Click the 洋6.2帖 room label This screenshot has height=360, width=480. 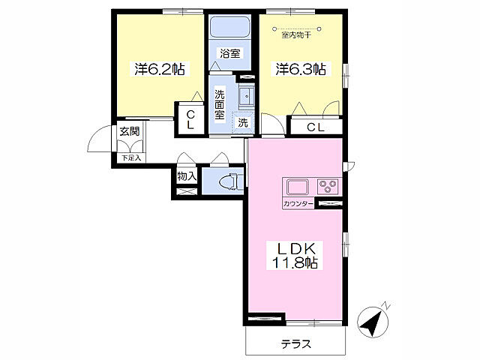pyautogui.click(x=160, y=69)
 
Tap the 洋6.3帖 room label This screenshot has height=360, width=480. pyautogui.click(x=301, y=69)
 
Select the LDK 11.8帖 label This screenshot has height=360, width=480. pyautogui.click(x=295, y=256)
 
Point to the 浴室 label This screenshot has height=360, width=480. pyautogui.click(x=230, y=53)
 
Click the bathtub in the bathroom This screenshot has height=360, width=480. pyautogui.click(x=230, y=26)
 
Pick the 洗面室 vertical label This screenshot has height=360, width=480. pyautogui.click(x=220, y=105)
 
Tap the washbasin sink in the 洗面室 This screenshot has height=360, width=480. pyautogui.click(x=247, y=96)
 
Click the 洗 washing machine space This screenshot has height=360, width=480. pyautogui.click(x=243, y=123)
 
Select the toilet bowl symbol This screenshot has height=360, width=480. pyautogui.click(x=228, y=181)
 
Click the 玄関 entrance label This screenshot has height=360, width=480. pyautogui.click(x=130, y=131)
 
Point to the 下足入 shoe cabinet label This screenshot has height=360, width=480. pyautogui.click(x=131, y=158)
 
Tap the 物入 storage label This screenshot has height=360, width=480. pyautogui.click(x=187, y=176)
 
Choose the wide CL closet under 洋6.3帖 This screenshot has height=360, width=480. pyautogui.click(x=316, y=127)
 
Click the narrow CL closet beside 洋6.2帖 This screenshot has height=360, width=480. pyautogui.click(x=190, y=119)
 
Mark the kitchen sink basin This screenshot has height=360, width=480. pyautogui.click(x=298, y=187)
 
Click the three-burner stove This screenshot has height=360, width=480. pyautogui.click(x=328, y=187)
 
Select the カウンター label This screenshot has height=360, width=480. pyautogui.click(x=298, y=204)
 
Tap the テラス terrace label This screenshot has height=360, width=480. pyautogui.click(x=296, y=344)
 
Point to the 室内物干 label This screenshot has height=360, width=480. pyautogui.click(x=296, y=35)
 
